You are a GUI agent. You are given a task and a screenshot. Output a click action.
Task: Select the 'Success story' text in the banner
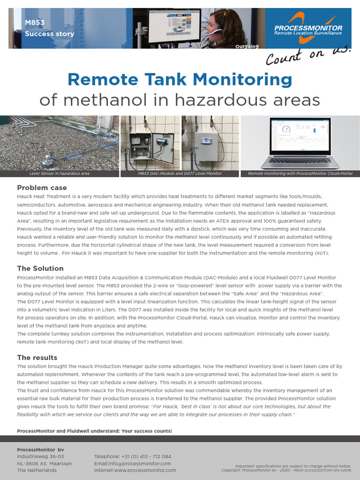coord(49,34)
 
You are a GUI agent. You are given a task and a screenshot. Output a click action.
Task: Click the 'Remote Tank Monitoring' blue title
coord(180,79)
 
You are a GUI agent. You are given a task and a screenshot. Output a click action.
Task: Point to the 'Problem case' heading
coord(42,187)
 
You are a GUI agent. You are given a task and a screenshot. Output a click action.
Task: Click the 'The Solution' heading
coord(40,268)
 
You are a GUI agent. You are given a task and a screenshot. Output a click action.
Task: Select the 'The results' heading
coord(37,357)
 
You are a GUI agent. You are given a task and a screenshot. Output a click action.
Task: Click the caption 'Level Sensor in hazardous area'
coord(60,173)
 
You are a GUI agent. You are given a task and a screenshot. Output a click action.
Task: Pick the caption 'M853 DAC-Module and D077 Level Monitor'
coord(180,173)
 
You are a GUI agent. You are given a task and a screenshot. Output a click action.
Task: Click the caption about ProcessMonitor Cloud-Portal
coord(300,173)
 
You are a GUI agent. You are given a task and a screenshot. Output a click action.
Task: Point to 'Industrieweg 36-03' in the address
coord(40,456)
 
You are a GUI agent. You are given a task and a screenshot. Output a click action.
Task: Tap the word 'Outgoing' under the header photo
coord(247,46)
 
